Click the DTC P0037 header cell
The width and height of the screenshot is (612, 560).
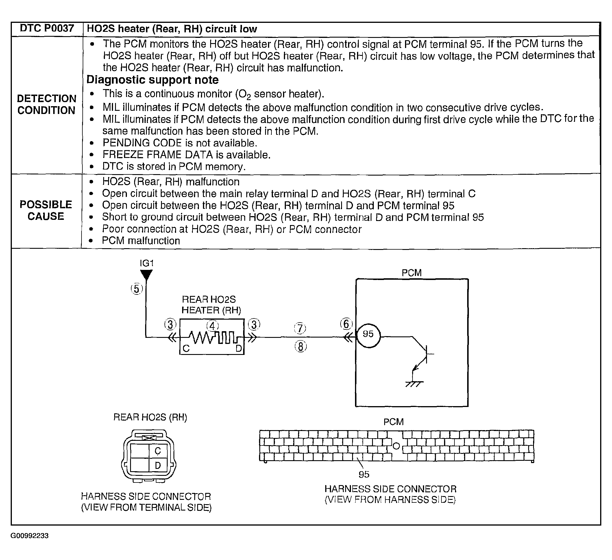tap(47, 29)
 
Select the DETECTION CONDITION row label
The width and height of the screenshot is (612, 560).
tap(47, 104)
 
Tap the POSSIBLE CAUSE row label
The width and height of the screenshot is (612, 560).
tap(46, 210)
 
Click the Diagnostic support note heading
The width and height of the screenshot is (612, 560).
tap(152, 80)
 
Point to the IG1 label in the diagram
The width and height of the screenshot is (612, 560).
tap(146, 263)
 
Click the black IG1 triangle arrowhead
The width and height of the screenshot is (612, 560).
tap(146, 275)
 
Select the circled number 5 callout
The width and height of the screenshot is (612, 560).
tap(137, 289)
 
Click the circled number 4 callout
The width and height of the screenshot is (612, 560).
tap(212, 326)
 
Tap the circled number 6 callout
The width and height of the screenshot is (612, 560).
tap(346, 324)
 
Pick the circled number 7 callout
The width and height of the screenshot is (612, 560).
tap(300, 328)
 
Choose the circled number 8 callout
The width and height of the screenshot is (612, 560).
tap(301, 347)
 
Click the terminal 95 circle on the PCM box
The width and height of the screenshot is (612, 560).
tap(368, 336)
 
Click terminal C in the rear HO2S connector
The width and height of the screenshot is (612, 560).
tap(158, 451)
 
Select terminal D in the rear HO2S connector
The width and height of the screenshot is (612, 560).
tap(158, 465)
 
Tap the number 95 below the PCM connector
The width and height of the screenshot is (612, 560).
tap(364, 474)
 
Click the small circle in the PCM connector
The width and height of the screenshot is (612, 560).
tap(396, 446)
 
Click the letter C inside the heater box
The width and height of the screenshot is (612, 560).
tap(186, 349)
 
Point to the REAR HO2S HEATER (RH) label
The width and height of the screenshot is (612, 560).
tap(211, 305)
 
